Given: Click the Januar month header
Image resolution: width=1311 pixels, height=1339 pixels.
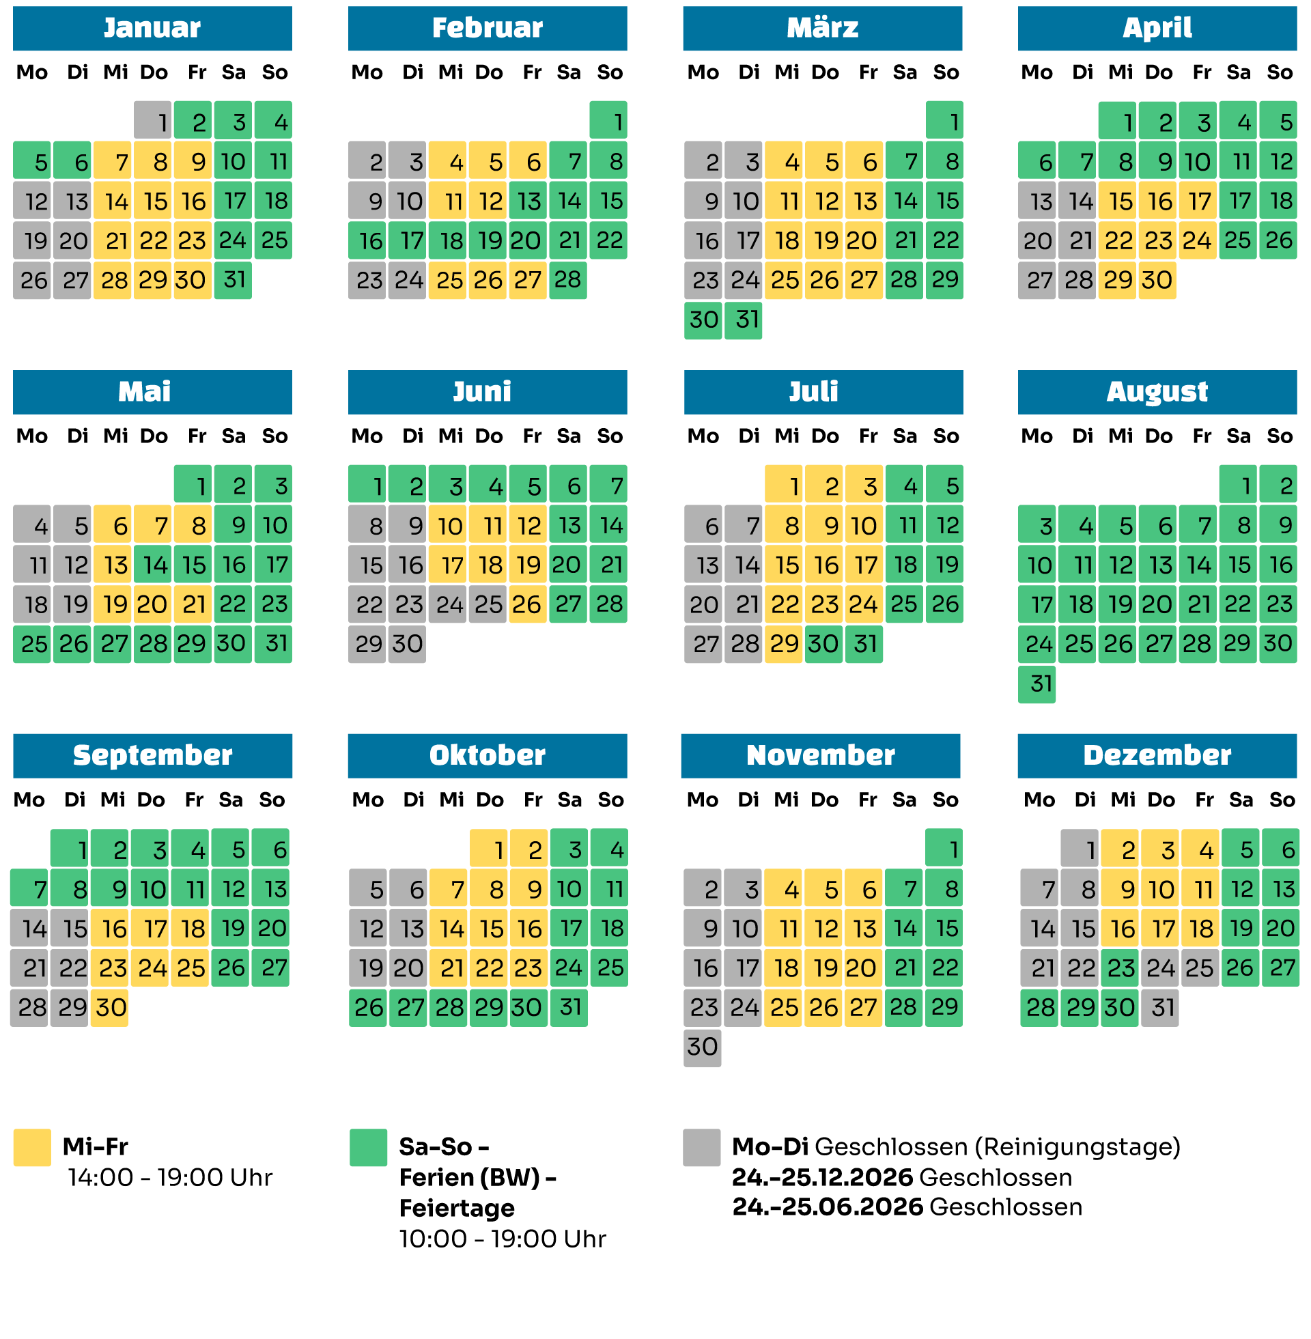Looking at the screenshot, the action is pyautogui.click(x=152, y=28).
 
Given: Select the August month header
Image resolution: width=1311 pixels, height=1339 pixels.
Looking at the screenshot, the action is pyautogui.click(x=1157, y=392).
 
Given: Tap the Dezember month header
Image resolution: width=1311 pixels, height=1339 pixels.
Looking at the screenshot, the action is pyautogui.click(x=1157, y=755).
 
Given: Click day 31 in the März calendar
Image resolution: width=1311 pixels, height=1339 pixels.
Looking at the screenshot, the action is pyautogui.click(x=743, y=320).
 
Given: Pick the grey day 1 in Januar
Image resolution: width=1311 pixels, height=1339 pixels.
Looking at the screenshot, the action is pyautogui.click(x=152, y=120).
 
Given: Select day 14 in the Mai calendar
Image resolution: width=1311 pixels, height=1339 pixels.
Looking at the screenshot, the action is pyautogui.click(x=152, y=565).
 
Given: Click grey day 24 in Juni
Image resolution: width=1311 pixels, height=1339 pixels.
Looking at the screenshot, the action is pyautogui.click(x=447, y=604).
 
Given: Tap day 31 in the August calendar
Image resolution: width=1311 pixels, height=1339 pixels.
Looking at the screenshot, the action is pyautogui.click(x=1037, y=683).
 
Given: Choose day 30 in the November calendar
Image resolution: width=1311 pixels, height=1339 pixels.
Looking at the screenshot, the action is pyautogui.click(x=703, y=1047).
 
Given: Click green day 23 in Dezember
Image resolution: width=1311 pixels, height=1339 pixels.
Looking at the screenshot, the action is pyautogui.click(x=1120, y=968).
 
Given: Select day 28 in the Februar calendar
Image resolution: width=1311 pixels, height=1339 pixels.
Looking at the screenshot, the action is pyautogui.click(x=568, y=280).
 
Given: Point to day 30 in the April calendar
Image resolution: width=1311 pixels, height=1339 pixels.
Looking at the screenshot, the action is pyautogui.click(x=1157, y=280).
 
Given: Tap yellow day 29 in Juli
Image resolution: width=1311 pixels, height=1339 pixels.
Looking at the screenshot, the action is pyautogui.click(x=784, y=644).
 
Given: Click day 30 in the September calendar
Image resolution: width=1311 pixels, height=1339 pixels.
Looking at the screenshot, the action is pyautogui.click(x=109, y=1007).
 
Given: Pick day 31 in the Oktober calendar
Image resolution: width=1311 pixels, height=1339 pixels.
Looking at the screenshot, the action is pyautogui.click(x=569, y=1007).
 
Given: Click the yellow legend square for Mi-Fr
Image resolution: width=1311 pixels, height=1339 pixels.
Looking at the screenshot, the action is pyautogui.click(x=32, y=1147).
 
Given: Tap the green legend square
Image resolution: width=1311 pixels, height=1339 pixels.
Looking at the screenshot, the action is pyautogui.click(x=368, y=1147).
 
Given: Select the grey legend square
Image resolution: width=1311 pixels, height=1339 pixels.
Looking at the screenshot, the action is pyautogui.click(x=702, y=1147).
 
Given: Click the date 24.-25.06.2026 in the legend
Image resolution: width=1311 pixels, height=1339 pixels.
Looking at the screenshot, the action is pyautogui.click(x=827, y=1207).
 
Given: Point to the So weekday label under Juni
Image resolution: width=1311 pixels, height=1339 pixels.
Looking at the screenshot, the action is pyautogui.click(x=610, y=436).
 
